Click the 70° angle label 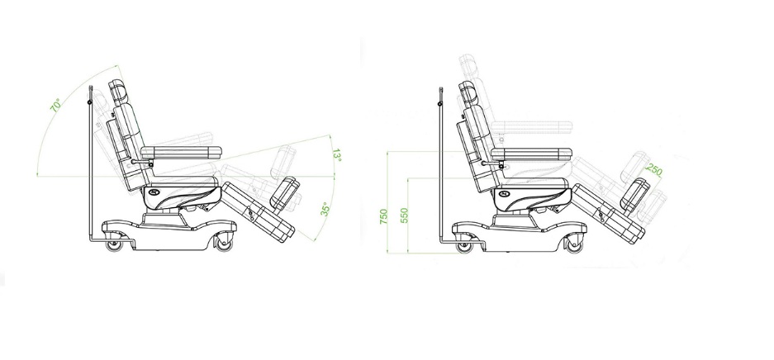56,105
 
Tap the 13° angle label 337,155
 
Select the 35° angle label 325,209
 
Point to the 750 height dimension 383,216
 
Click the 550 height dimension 404,216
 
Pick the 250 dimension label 654,170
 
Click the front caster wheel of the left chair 224,243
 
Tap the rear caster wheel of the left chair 115,244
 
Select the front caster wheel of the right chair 575,244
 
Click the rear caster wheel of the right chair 464,246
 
